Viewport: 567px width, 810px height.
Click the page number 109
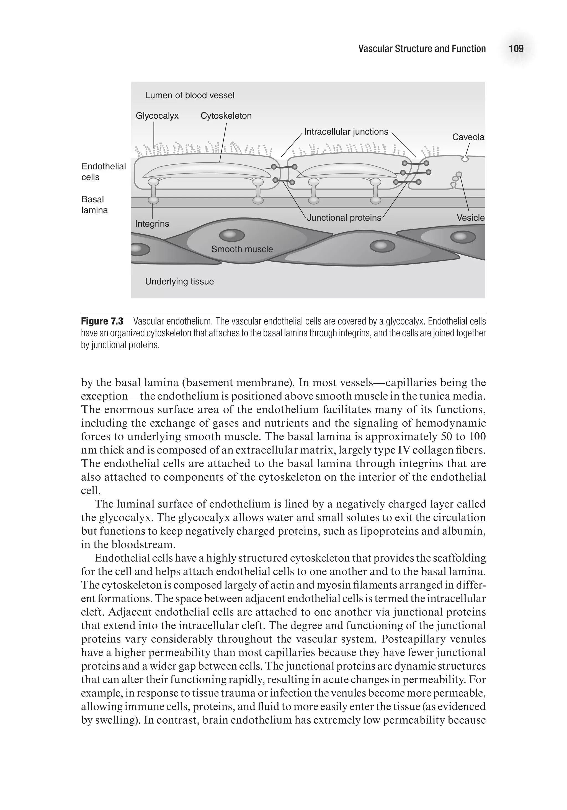516,48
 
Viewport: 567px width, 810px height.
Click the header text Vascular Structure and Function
422,49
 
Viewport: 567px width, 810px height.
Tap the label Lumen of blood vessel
189,95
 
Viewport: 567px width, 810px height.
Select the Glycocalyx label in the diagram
157,116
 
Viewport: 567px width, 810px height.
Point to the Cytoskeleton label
226,116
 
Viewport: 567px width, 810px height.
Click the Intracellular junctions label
346,132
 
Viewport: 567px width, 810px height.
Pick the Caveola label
468,137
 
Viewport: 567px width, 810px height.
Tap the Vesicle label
470,218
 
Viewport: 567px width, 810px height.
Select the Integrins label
152,224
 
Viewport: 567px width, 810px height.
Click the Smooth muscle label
242,249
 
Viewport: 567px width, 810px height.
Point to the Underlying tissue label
179,282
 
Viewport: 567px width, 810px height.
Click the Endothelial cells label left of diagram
103,171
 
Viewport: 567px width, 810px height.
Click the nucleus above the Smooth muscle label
232,235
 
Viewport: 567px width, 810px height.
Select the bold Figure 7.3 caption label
102,321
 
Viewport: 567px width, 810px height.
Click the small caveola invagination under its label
465,159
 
